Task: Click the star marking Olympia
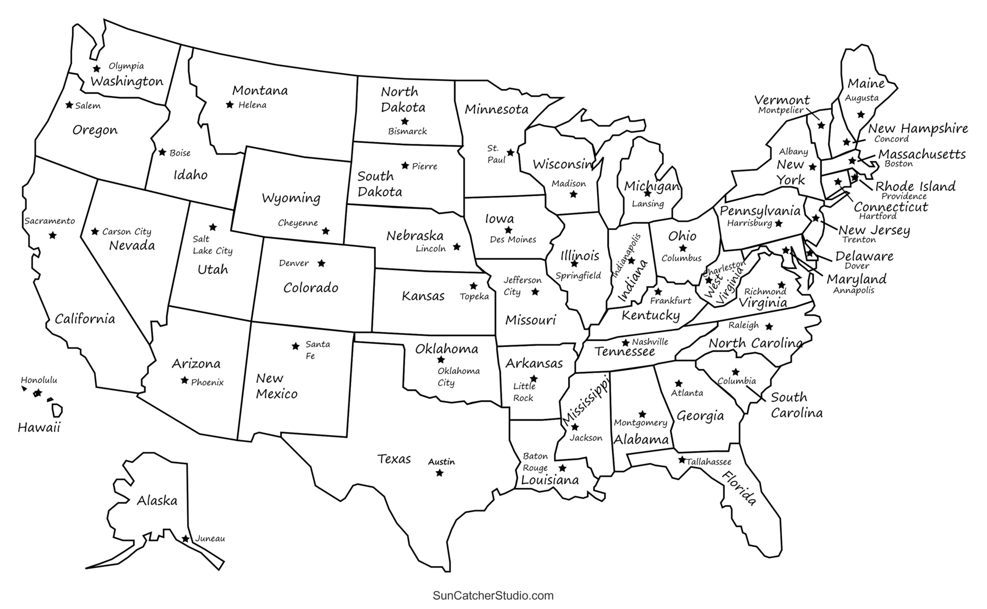[x=97, y=69]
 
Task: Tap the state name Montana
[x=260, y=91]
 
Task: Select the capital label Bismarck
[x=407, y=132]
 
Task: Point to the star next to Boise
[x=162, y=152]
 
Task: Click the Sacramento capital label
[x=50, y=221]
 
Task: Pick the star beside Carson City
[x=95, y=231]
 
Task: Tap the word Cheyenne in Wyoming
[x=298, y=223]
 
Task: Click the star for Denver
[x=321, y=263]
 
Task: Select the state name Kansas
[x=423, y=296]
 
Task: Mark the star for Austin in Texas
[x=439, y=473]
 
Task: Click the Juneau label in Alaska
[x=210, y=538]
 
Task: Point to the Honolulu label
[x=39, y=380]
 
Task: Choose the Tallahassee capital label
[x=709, y=462]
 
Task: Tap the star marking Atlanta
[x=679, y=383]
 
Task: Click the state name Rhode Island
[x=915, y=186]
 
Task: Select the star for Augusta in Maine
[x=861, y=114]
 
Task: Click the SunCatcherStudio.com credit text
[x=493, y=596]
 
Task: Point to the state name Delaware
[x=864, y=256]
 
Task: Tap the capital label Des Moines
[x=513, y=240]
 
